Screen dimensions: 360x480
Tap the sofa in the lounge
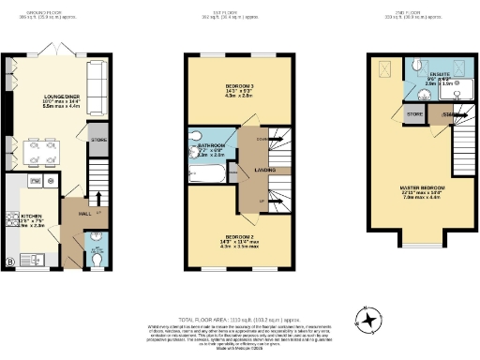(96, 74)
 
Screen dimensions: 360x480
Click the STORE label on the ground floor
(98, 140)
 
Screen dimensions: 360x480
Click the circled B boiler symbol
(10, 261)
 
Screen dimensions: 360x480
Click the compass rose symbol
(371, 322)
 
